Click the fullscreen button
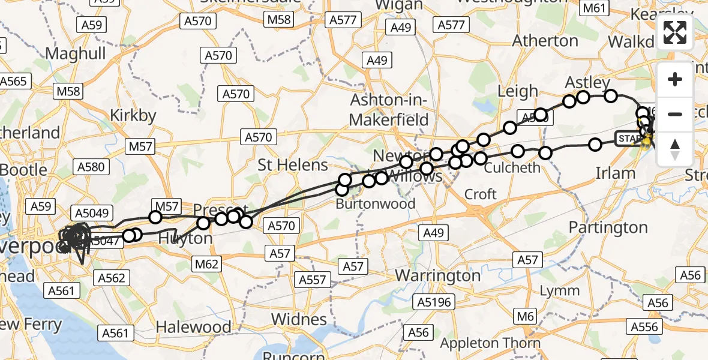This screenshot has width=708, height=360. (675, 32)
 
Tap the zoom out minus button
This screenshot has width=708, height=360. (675, 114)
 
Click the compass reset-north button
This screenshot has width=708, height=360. (675, 149)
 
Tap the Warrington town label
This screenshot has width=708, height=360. (438, 276)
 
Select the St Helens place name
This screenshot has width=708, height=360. (293, 165)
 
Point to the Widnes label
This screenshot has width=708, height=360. (299, 319)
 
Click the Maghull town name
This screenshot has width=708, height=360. (76, 53)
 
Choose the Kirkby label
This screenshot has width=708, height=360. (133, 115)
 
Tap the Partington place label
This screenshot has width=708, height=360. (608, 227)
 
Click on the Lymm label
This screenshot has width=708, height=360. (560, 291)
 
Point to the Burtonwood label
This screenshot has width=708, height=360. (376, 203)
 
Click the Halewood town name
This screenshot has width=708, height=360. (193, 327)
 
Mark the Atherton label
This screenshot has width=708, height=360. (546, 41)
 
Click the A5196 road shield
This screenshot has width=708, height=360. (435, 302)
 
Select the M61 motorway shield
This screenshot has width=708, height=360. (595, 8)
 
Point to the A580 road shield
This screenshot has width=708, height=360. (91, 167)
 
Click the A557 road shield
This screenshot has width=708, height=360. (313, 280)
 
